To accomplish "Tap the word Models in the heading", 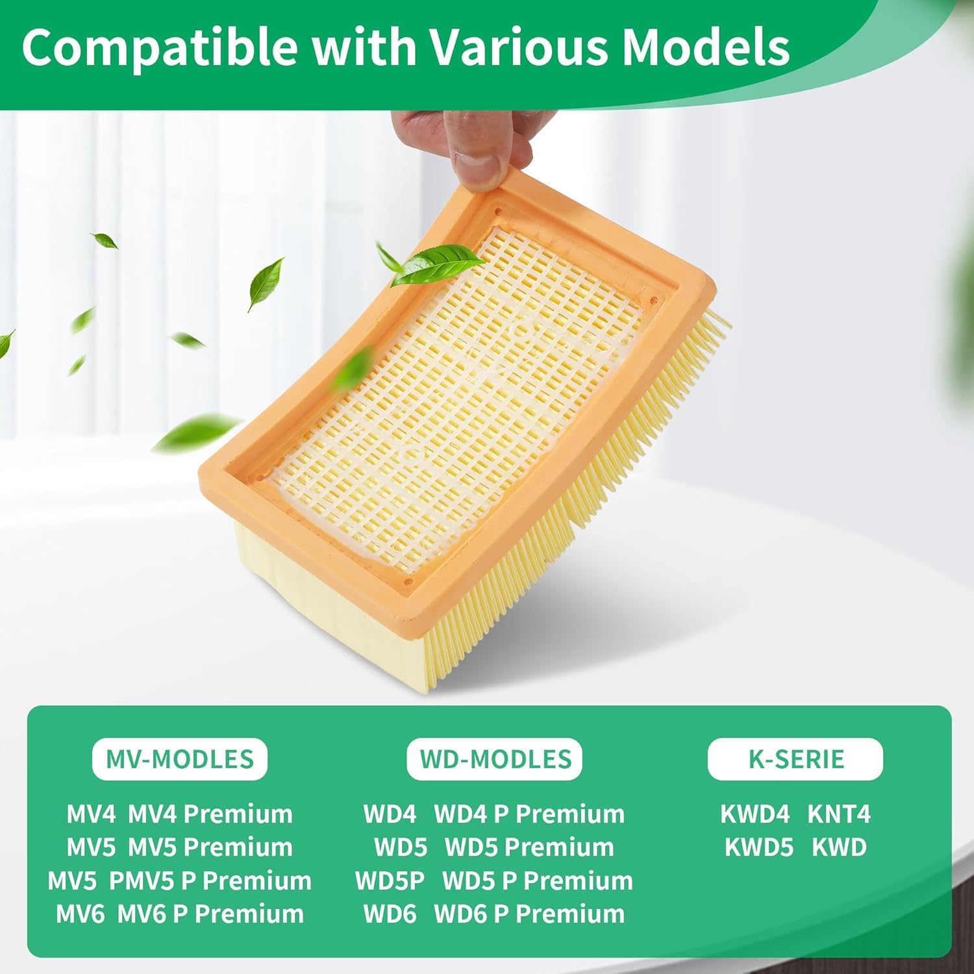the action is coord(706,47).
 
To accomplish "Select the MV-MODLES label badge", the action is coord(180,759).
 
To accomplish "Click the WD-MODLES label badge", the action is coord(495,759).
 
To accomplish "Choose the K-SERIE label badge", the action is coord(795,759).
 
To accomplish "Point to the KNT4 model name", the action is coord(839,814).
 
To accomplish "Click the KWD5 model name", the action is coord(759,847).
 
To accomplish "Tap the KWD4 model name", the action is coord(755,814).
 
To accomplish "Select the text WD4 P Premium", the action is coord(529,814).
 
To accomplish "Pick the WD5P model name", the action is coord(390,881).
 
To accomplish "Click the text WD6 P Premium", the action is coord(529,914).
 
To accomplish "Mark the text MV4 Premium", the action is coord(210,814).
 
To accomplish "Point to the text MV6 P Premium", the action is coord(210,914).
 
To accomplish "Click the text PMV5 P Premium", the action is coord(210,881).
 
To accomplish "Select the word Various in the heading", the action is coord(516,47).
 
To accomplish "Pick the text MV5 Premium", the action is coord(210,847).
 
